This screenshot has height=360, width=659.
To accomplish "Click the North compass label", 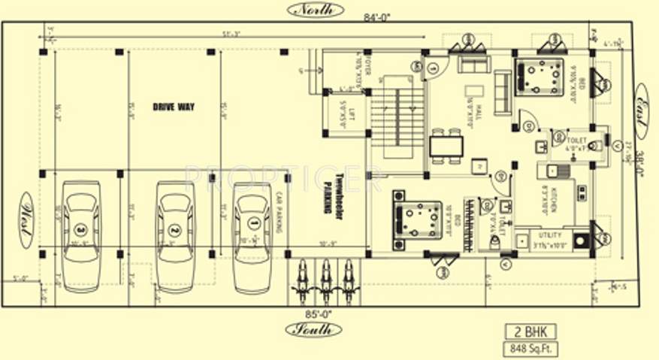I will tap(314, 10).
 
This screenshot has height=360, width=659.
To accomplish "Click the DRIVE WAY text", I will tap(174, 107).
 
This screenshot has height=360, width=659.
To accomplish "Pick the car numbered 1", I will tap(252, 235).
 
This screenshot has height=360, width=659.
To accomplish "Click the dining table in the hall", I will tap(446, 145).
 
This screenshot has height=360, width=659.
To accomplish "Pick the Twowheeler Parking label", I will tap(333, 192).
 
